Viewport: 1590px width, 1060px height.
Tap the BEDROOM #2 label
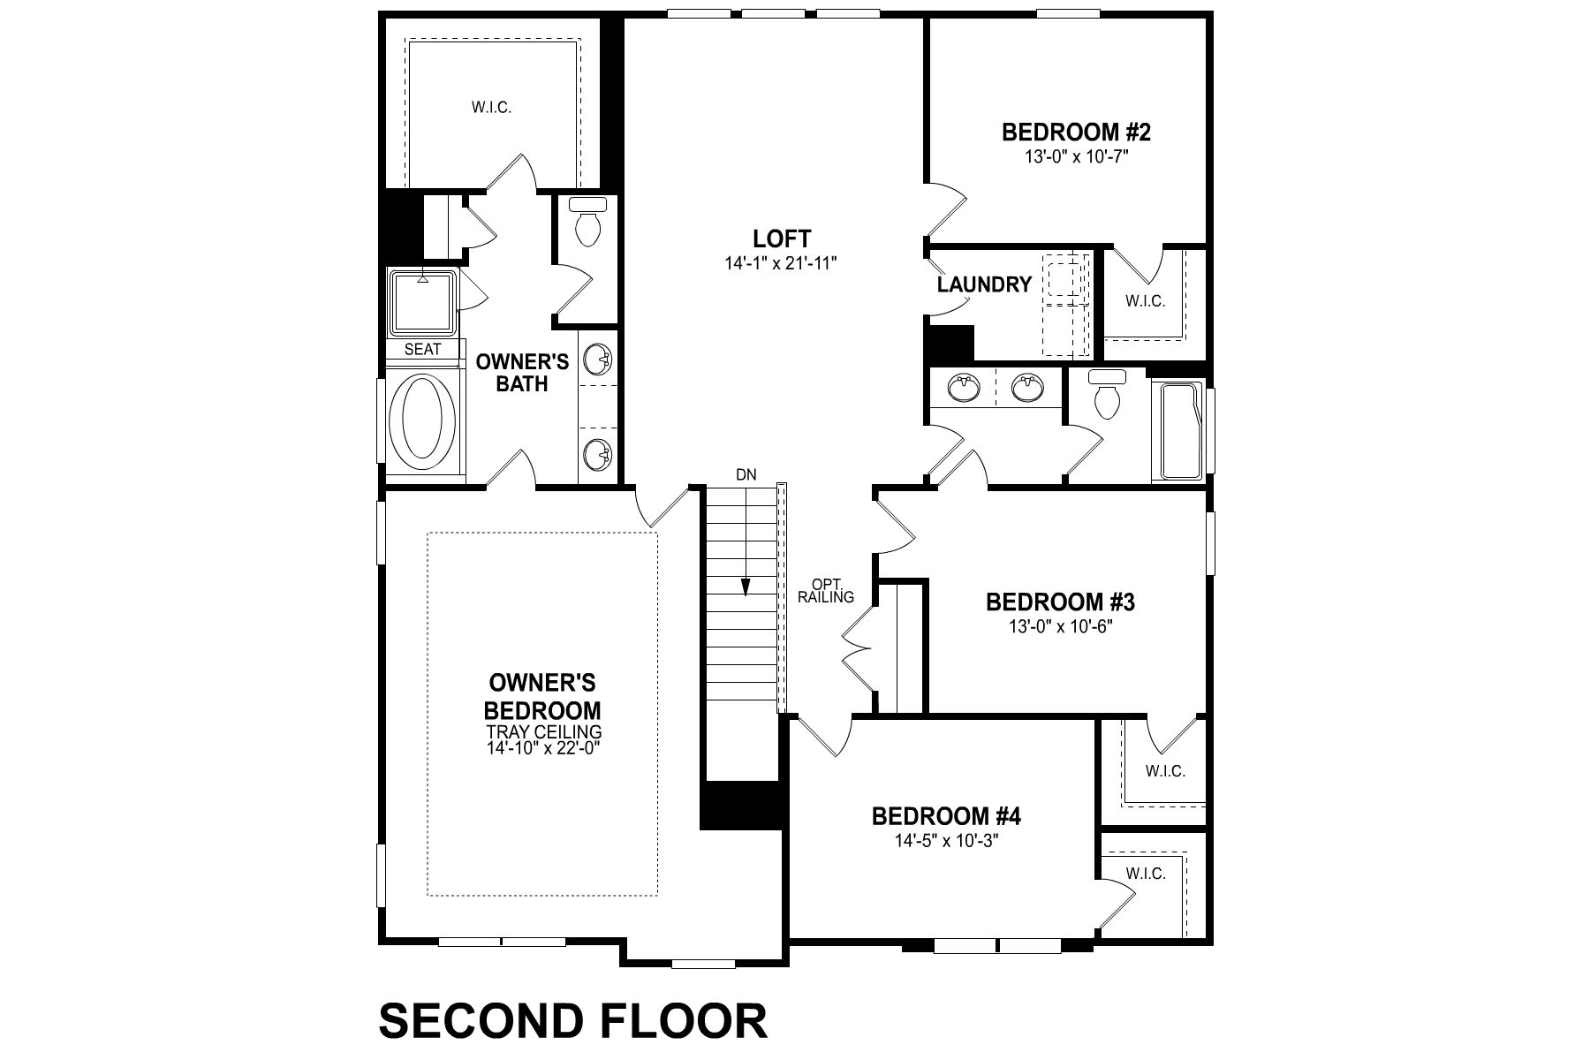1076,132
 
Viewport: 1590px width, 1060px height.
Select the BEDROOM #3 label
1060,602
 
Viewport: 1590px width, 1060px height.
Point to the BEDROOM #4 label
946,816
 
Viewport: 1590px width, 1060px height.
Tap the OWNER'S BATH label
522,373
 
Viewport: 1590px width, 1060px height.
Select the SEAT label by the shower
422,350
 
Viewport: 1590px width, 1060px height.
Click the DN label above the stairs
746,474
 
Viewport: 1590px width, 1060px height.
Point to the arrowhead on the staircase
746,587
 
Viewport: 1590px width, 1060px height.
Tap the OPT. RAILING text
826,590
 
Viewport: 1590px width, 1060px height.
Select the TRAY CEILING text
544,732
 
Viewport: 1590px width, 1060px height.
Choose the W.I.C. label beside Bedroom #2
1145,301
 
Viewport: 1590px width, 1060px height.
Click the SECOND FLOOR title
573,1020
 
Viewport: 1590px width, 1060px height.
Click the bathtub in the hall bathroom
1179,431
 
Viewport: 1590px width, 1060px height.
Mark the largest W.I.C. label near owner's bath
491,108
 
